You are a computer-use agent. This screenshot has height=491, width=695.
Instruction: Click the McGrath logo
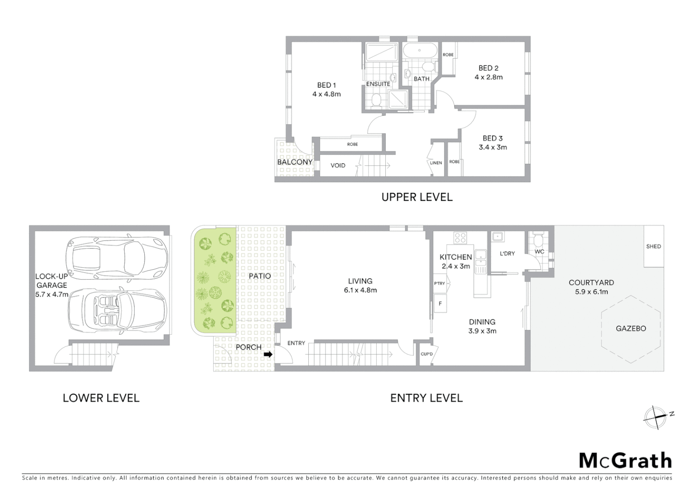(625, 461)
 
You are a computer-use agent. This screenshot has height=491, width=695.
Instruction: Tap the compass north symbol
(655, 417)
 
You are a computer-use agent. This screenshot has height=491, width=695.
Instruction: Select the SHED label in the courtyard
(653, 246)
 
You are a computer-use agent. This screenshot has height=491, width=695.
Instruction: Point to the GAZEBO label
(630, 328)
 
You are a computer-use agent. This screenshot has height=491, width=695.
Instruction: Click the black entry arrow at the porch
(268, 354)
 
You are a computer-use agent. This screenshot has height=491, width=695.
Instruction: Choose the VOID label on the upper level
(337, 165)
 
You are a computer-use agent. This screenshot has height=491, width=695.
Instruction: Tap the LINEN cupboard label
(436, 163)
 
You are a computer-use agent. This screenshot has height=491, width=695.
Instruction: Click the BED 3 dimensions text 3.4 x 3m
(493, 147)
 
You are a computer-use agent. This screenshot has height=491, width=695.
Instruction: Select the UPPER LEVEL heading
(417, 197)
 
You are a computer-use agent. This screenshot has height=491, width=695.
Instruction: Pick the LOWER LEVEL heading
(101, 398)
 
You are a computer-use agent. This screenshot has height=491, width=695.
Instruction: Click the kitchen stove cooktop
(460, 237)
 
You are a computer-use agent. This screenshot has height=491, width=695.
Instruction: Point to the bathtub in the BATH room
(420, 50)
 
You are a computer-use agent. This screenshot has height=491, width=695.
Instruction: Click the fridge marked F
(440, 303)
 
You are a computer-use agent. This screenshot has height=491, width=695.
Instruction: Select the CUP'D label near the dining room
(427, 354)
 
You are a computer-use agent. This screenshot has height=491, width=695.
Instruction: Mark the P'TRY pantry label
(439, 283)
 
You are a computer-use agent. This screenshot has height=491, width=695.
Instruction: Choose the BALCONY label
(295, 162)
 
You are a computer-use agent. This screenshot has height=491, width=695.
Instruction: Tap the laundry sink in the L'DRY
(498, 236)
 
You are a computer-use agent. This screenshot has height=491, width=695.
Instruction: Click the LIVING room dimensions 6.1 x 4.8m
(360, 290)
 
